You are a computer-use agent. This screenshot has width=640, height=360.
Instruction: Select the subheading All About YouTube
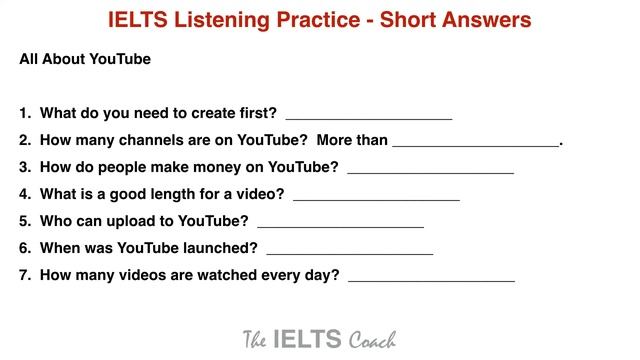[x=85, y=59]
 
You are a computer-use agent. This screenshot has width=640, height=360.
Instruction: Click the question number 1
[x=24, y=113]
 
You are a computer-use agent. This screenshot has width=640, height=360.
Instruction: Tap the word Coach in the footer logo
[x=372, y=339]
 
